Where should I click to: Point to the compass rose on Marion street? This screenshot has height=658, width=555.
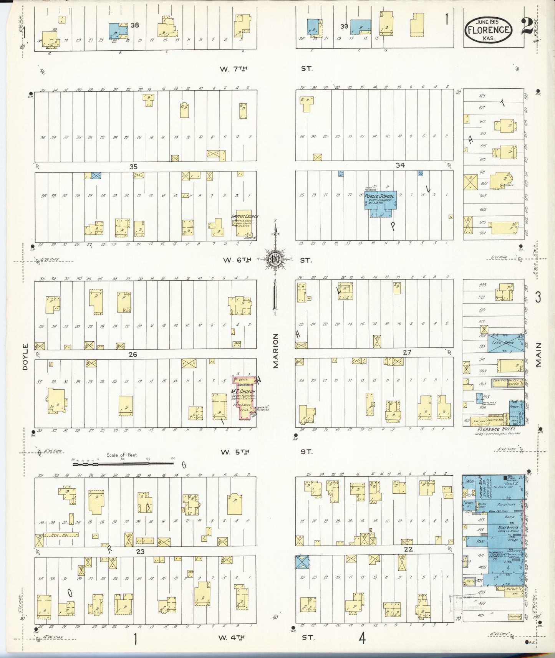tap(275, 259)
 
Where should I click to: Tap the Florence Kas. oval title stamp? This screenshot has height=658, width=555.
tap(489, 30)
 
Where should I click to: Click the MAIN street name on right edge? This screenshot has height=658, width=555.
tap(538, 355)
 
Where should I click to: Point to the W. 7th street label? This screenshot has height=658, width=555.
tap(233, 69)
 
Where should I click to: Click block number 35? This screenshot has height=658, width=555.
tap(133, 167)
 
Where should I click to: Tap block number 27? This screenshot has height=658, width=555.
tap(407, 352)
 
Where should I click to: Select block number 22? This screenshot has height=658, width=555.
tap(408, 549)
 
